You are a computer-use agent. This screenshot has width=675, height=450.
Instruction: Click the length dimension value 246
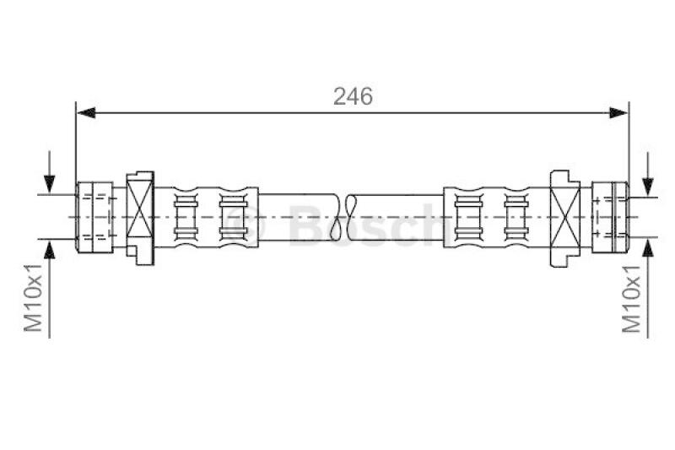pyautogui.click(x=353, y=96)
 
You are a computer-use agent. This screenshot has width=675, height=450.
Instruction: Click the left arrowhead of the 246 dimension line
pyautogui.click(x=83, y=111)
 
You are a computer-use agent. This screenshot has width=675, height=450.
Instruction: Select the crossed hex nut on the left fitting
pyautogui.click(x=140, y=216)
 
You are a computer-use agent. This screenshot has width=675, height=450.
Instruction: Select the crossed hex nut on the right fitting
pyautogui.click(x=565, y=216)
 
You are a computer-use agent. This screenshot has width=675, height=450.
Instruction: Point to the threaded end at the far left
pyautogui.click(x=94, y=216)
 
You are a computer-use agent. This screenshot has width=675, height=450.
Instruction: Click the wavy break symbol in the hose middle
pyautogui.click(x=348, y=216)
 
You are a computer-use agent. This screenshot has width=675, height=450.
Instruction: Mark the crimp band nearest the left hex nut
pyautogui.click(x=186, y=216)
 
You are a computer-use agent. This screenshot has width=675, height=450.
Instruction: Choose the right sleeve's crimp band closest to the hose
pyautogui.click(x=467, y=216)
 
